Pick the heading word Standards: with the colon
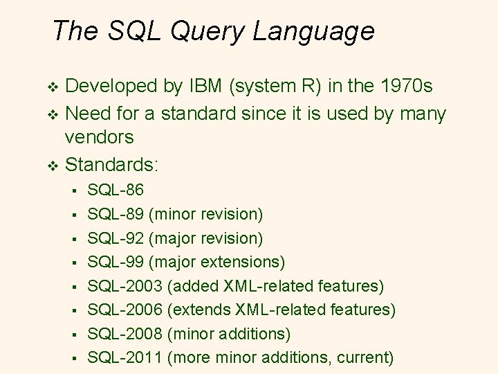[x=111, y=165]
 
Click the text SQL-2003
[x=125, y=285]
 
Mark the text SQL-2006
[x=125, y=310]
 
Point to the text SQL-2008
[x=125, y=334]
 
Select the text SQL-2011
[x=125, y=357]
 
